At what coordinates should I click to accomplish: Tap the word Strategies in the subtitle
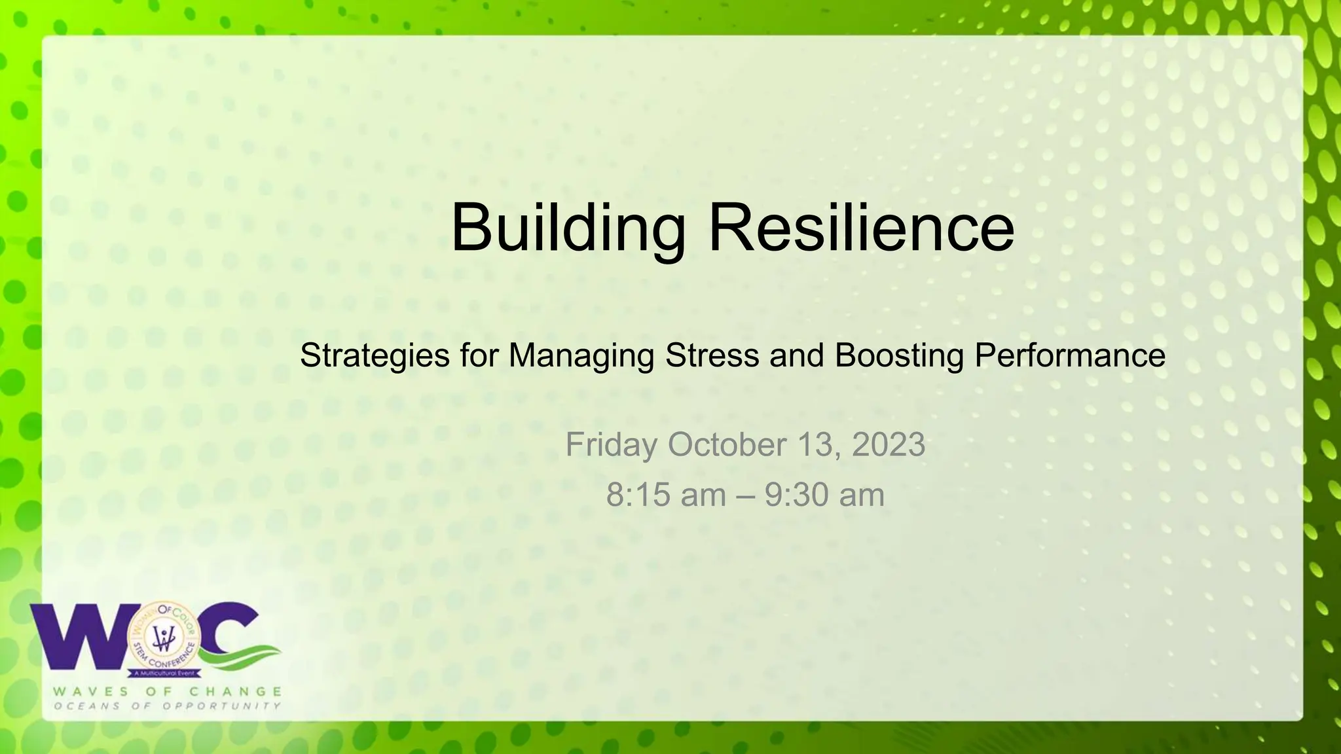tap(375, 356)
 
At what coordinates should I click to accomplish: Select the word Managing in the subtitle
tap(581, 356)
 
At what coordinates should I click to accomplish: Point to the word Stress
tap(712, 355)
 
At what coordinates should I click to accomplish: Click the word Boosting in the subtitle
tap(899, 356)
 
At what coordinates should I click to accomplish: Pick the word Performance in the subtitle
tap(1070, 355)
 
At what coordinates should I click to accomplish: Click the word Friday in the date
tap(612, 445)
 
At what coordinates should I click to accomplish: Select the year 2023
tap(889, 444)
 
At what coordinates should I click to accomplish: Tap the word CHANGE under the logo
tap(236, 691)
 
